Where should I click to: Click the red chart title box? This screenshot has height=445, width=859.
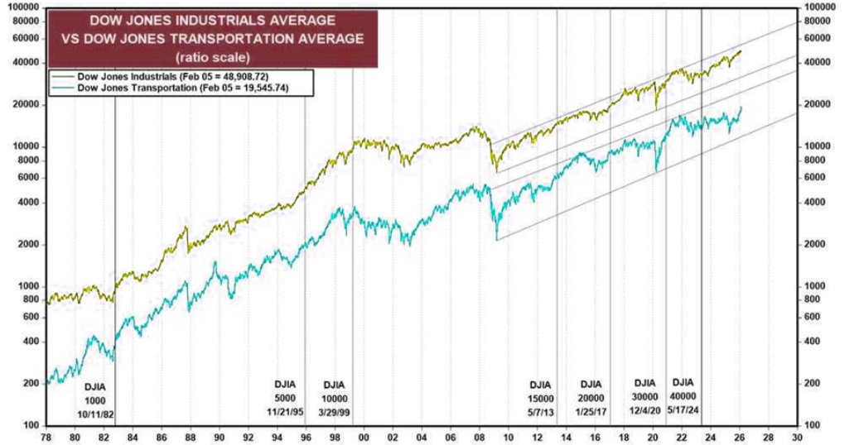point(213,37)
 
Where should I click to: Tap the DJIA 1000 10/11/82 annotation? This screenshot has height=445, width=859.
point(95,398)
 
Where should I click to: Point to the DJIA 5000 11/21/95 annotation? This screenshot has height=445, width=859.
point(283,396)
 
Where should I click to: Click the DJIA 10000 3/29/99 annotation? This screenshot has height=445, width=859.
point(334,396)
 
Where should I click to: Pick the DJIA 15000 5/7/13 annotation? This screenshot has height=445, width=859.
point(539,396)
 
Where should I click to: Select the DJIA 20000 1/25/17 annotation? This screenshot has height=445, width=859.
point(591,396)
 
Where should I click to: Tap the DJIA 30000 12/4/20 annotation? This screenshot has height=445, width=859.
point(644,395)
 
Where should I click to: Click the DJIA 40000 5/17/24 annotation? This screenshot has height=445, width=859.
point(683,395)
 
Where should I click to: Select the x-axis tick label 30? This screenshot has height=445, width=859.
point(797,437)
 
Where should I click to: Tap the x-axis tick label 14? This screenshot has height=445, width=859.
point(566,437)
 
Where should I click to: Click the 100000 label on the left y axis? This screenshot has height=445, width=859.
point(23,7)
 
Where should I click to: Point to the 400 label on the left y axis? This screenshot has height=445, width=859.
point(31,342)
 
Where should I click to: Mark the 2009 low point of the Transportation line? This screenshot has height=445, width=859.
point(496,239)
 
